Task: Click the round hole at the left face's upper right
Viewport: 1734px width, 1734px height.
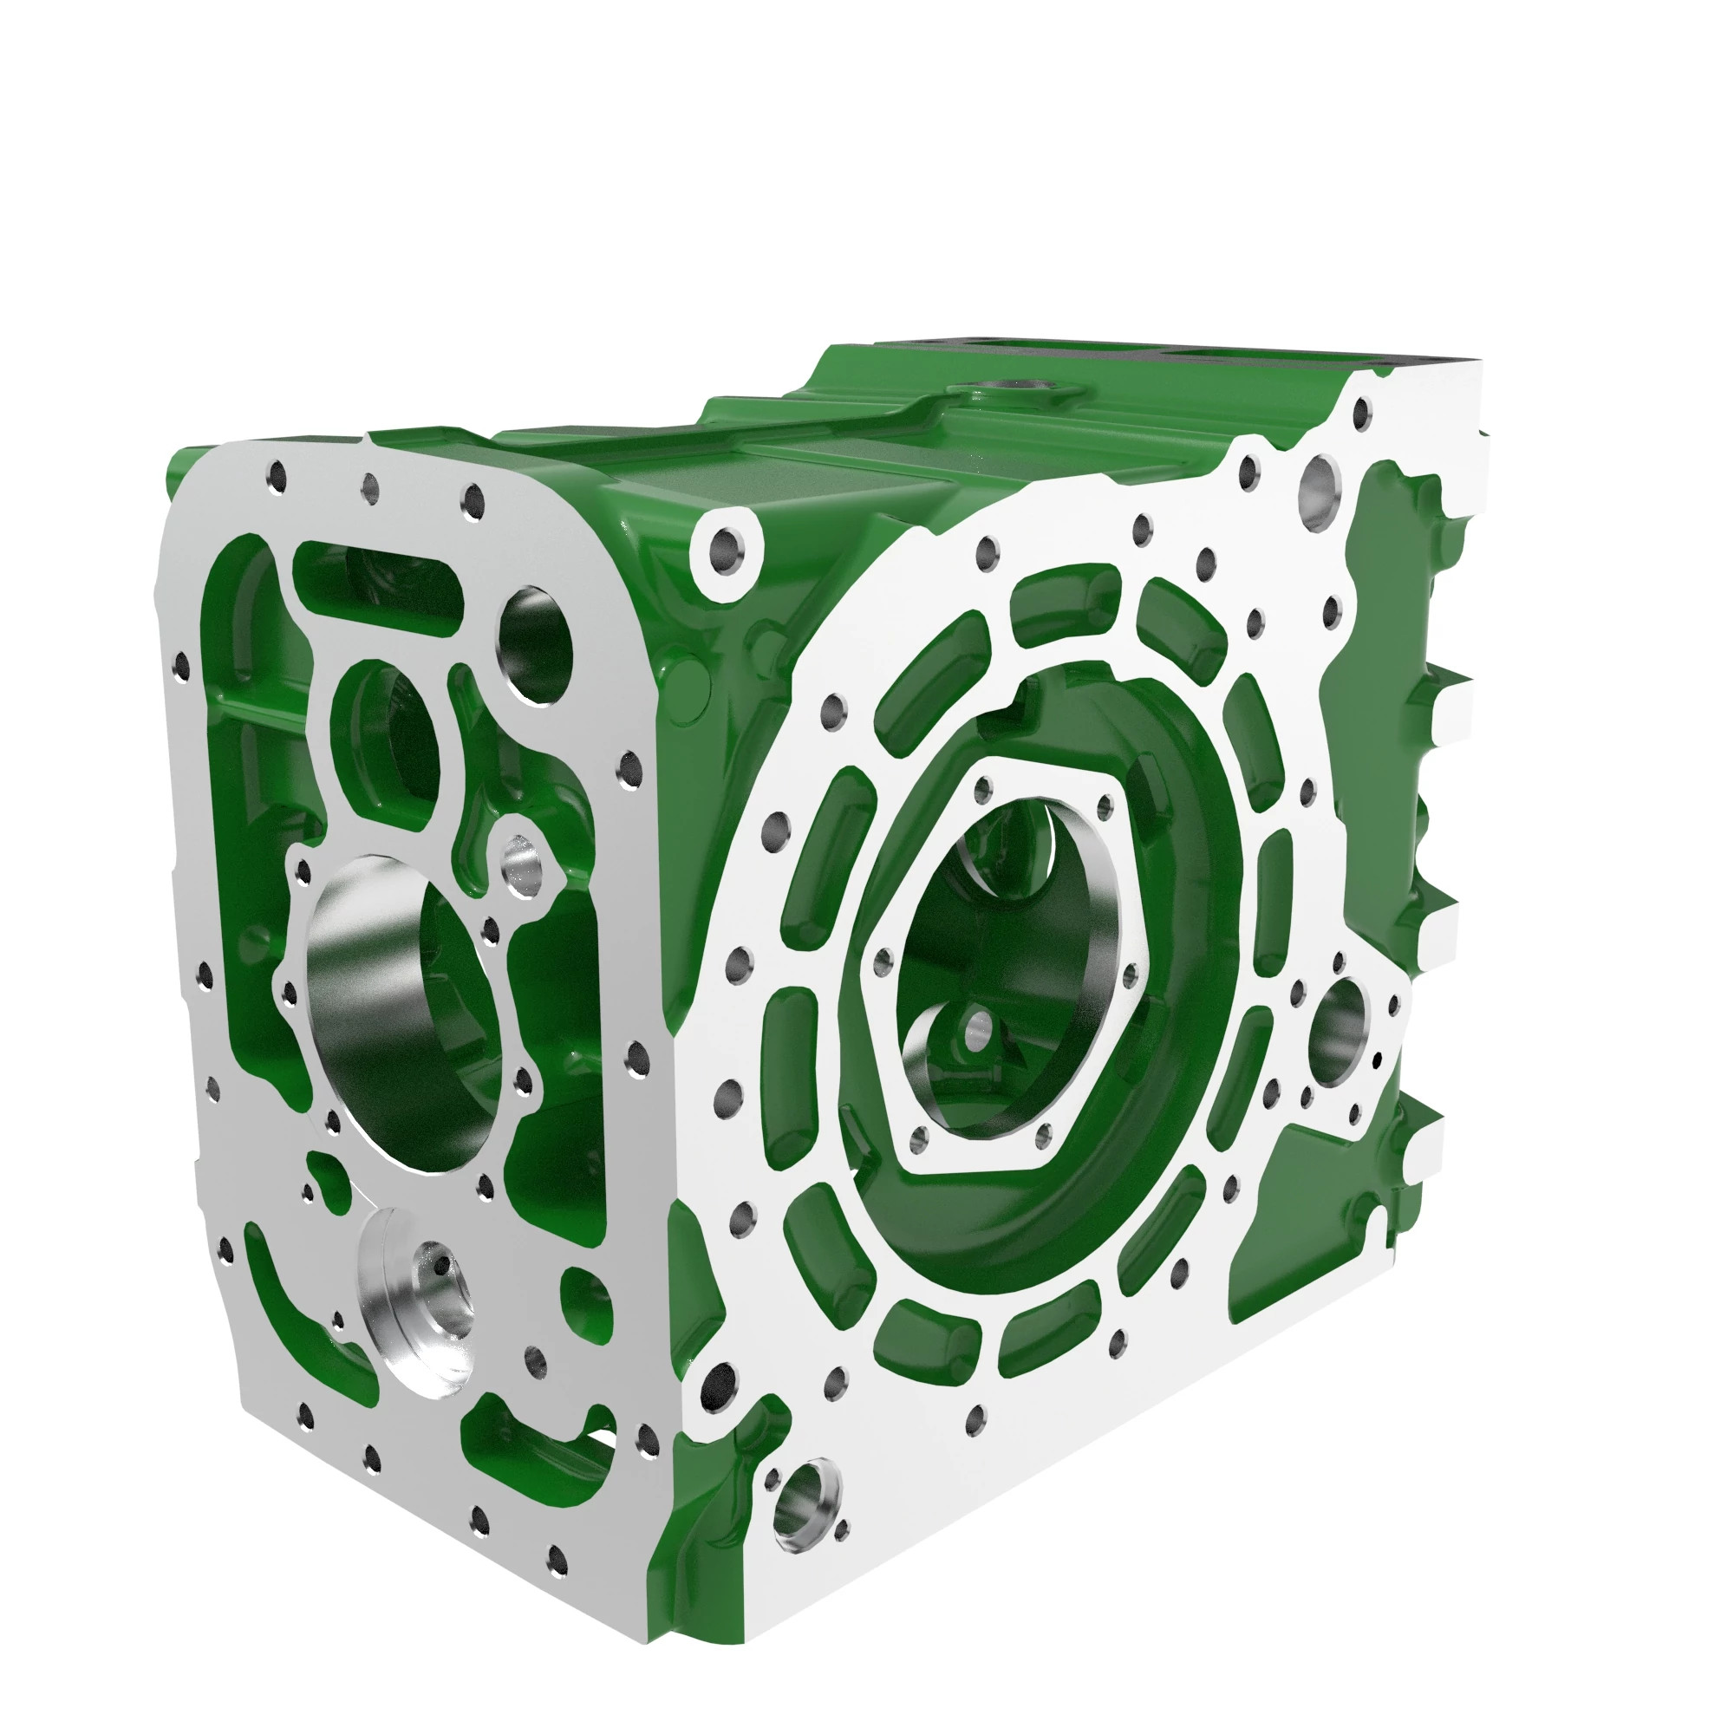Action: (537, 643)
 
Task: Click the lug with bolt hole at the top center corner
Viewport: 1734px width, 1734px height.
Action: (725, 549)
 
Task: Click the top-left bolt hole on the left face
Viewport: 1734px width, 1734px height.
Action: (277, 477)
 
